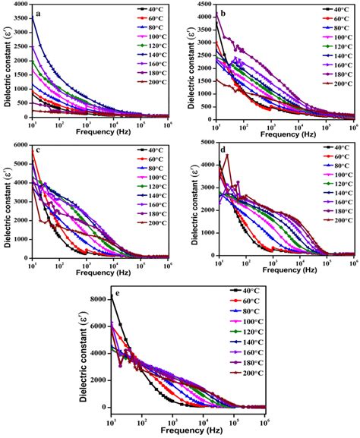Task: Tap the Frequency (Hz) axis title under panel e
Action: (x=187, y=430)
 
